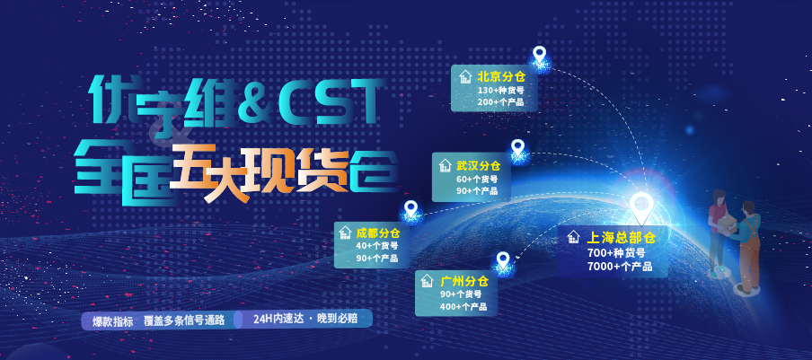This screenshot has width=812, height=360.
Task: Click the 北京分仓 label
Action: point(501,77)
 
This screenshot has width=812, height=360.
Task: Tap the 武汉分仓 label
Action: point(479,166)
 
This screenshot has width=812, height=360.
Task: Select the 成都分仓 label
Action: point(378,233)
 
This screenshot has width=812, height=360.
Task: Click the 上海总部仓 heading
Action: point(622,237)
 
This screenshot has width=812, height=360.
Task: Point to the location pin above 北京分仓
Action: point(540,54)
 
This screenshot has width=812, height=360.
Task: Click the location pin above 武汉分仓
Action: point(518,148)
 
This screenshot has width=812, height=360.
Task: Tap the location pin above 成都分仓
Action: point(410,209)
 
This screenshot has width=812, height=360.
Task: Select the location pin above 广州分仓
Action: point(503,260)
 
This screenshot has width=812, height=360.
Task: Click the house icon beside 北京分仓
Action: point(465,76)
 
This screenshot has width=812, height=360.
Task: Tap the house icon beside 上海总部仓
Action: point(573,237)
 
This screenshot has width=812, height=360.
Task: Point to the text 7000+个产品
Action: point(620,267)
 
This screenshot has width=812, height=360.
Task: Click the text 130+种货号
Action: point(501,91)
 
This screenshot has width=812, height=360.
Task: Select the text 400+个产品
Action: point(463,307)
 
